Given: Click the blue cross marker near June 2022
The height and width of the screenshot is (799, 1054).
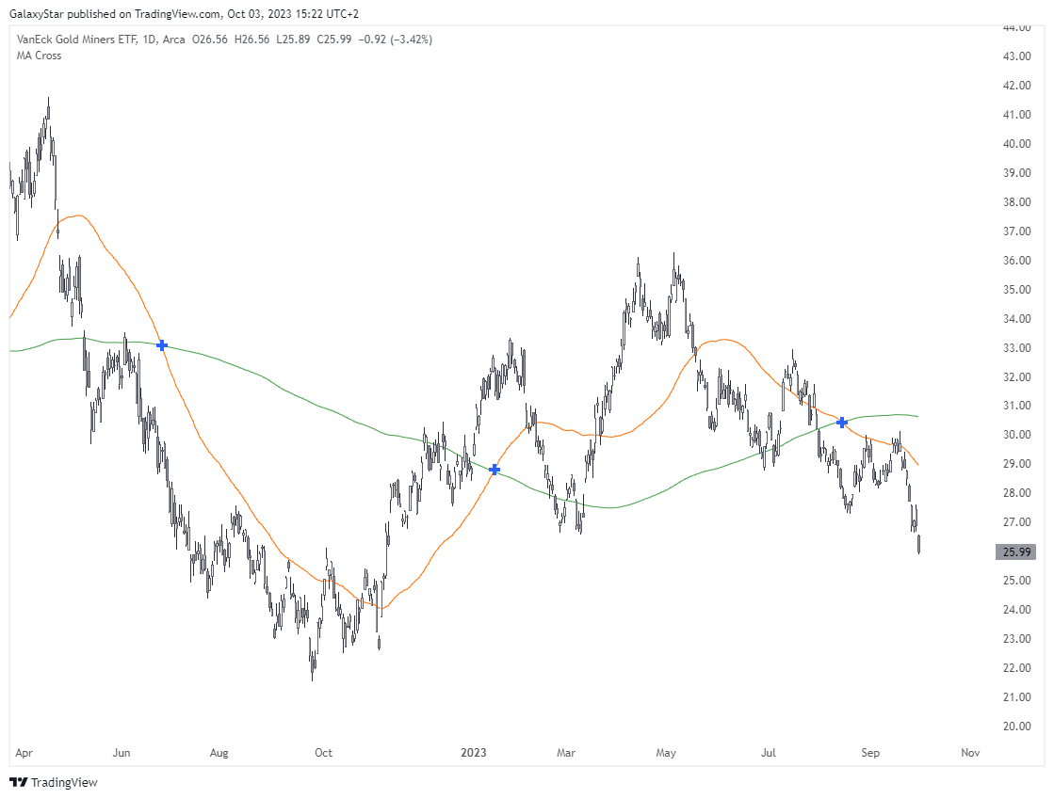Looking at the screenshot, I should click(x=162, y=345).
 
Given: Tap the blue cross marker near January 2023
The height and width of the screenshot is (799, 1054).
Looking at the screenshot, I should click(x=494, y=469).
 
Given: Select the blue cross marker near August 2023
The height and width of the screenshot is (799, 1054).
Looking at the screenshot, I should click(x=842, y=423).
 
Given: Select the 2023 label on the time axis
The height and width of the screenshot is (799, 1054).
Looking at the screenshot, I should click(x=473, y=753).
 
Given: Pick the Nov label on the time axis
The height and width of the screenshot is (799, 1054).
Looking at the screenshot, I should click(x=970, y=753).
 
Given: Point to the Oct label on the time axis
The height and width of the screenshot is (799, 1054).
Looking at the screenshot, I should click(x=323, y=753).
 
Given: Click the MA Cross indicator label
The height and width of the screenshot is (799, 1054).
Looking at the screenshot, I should click(x=39, y=56).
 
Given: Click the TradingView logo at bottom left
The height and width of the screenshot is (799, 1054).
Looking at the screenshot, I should click(x=54, y=782).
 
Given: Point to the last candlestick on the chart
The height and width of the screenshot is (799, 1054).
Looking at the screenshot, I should click(x=918, y=544).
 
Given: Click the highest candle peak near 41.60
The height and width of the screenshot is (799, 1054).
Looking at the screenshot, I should click(x=48, y=98).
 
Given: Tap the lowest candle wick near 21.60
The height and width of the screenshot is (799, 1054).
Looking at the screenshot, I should click(x=312, y=678).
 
